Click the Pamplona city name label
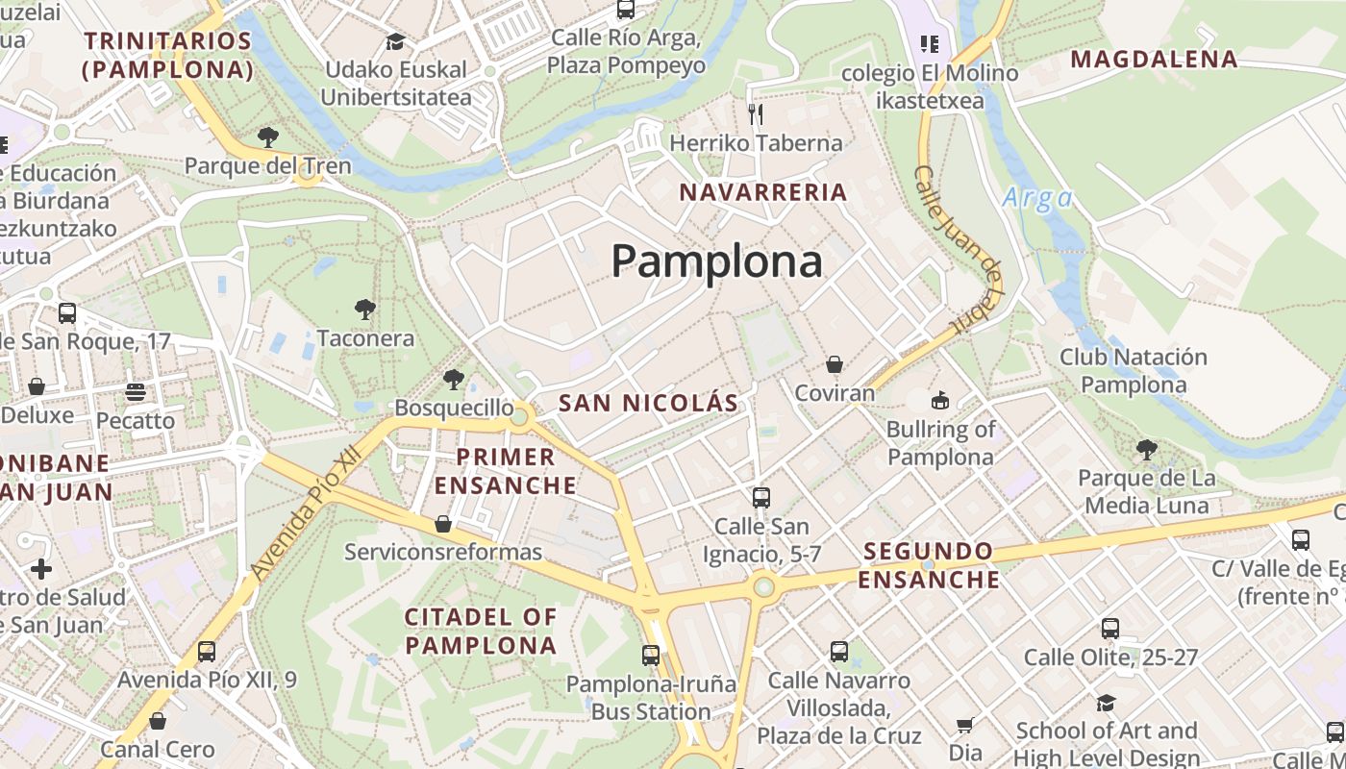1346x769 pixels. point(716,261)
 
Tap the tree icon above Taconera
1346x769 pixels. point(364,310)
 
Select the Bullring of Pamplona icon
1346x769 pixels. point(939,400)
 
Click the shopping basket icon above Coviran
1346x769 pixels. point(835,365)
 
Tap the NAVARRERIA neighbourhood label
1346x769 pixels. point(763,192)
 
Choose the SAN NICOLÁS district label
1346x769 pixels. point(648,403)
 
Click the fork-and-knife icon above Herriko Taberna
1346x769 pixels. point(756,114)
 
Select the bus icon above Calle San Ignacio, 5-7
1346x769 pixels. point(761,497)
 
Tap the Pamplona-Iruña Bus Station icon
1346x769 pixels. point(651,656)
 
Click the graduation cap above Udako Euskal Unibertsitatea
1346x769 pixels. point(395,41)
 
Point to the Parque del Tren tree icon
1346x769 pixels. point(268,136)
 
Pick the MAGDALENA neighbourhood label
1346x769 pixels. point(1154,60)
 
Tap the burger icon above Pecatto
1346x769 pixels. point(135,392)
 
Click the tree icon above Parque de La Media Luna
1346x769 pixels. point(1146,449)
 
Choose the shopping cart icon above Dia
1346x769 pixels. point(965,725)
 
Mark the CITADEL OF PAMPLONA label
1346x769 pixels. point(481,631)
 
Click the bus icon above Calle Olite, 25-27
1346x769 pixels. point(1110,629)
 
